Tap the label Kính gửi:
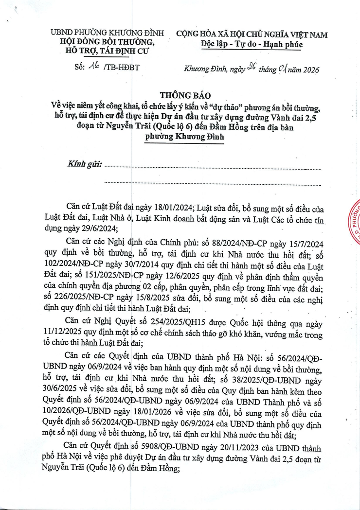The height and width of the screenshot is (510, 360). (x=85, y=164)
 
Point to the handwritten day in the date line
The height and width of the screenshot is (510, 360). (x=252, y=68)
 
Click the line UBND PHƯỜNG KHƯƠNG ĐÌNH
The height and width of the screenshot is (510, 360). (x=108, y=34)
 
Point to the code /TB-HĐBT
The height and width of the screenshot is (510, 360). (x=121, y=68)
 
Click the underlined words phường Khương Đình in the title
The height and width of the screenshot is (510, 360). (x=185, y=137)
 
